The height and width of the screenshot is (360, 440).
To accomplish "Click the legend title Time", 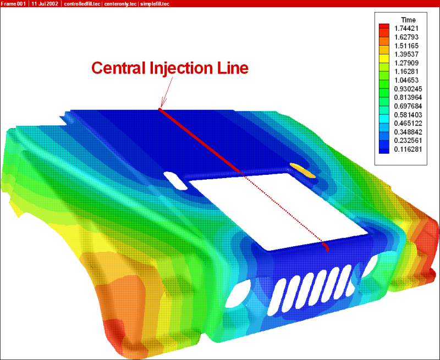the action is [x=408, y=20].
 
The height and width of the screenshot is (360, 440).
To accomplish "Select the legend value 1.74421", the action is [x=406, y=29].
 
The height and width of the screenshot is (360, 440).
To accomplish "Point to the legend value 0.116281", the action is [x=408, y=149].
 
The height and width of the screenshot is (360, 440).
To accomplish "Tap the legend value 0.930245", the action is [x=408, y=89].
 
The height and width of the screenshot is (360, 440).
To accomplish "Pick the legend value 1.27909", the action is [x=406, y=63].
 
